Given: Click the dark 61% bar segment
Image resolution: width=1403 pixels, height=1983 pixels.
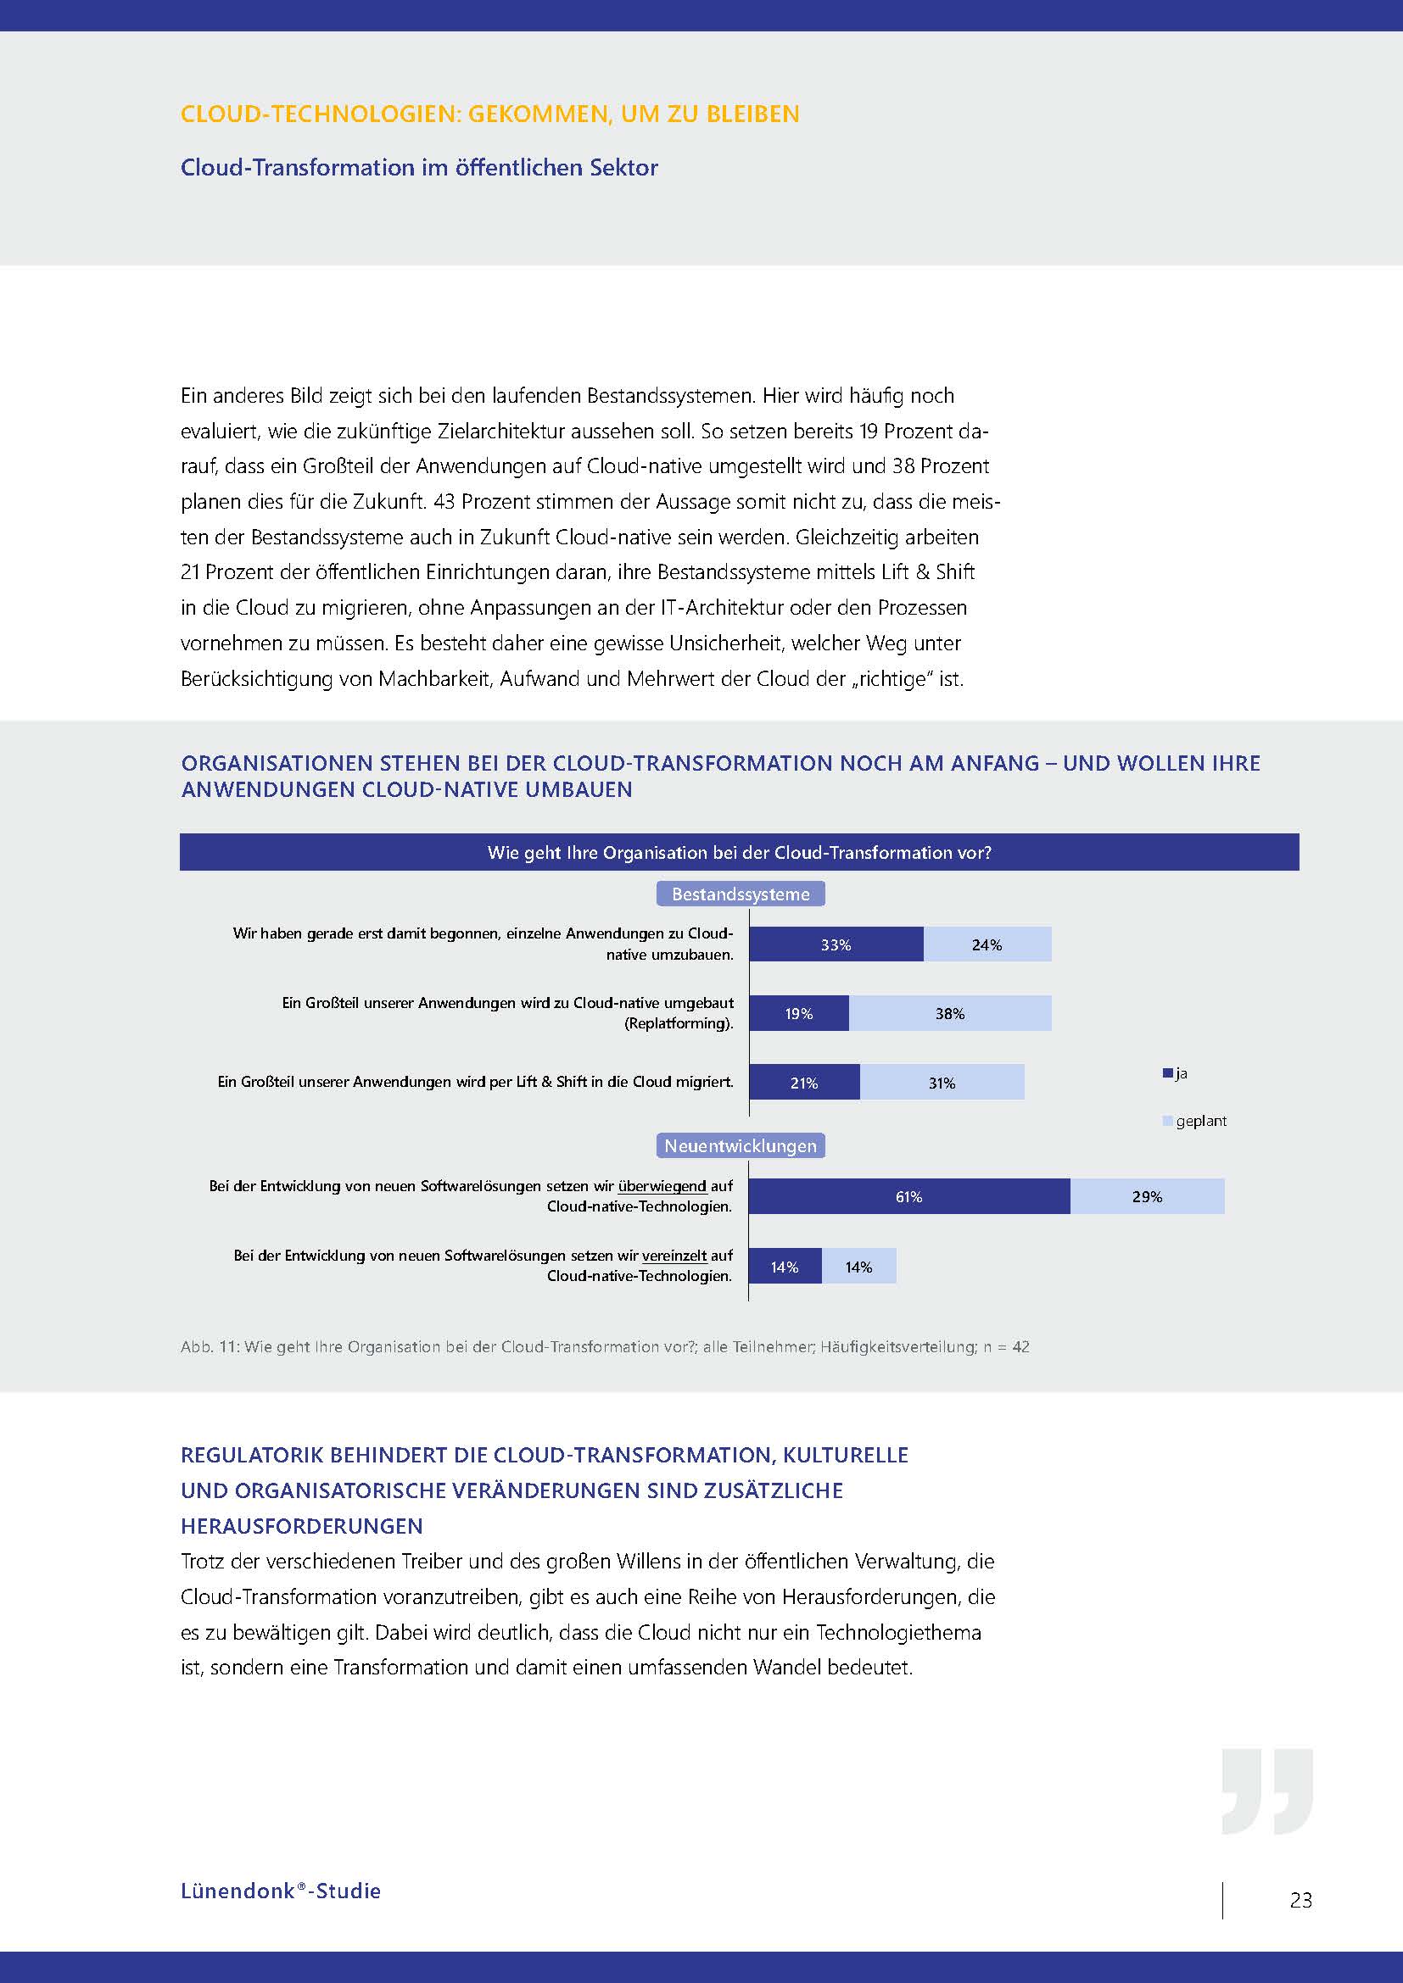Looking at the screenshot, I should coord(908,1196).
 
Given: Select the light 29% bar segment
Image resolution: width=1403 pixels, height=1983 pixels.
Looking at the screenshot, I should coord(1147,1196).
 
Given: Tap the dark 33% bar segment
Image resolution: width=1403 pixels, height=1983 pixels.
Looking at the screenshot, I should coord(836,944).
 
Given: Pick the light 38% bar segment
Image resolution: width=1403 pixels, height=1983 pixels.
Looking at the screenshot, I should coord(949,1013).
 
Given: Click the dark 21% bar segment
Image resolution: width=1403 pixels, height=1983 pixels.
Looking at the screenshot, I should coord(803,1082).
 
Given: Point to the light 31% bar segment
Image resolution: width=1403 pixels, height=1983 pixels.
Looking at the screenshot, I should coord(942,1082).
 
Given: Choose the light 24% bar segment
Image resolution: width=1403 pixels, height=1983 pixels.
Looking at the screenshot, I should coord(987,944).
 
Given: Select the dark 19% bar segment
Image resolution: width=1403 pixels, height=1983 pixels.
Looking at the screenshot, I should coord(798,1013).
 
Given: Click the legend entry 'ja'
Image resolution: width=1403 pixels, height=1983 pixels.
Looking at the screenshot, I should coord(1177,1073).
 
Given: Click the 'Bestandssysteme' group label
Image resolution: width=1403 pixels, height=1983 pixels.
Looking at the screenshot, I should coord(741,894).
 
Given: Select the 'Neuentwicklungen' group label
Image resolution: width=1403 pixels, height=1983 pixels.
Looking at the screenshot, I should coord(741,1145).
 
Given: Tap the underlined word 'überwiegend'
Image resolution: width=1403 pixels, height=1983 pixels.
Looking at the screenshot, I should coord(662,1186).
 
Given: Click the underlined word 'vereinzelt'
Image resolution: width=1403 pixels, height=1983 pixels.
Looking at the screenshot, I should coord(674,1255).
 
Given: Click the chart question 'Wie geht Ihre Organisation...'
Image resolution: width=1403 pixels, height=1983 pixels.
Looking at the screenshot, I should coord(739,852).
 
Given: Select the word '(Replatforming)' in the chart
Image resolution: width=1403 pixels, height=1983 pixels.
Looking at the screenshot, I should coord(679,1023).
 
